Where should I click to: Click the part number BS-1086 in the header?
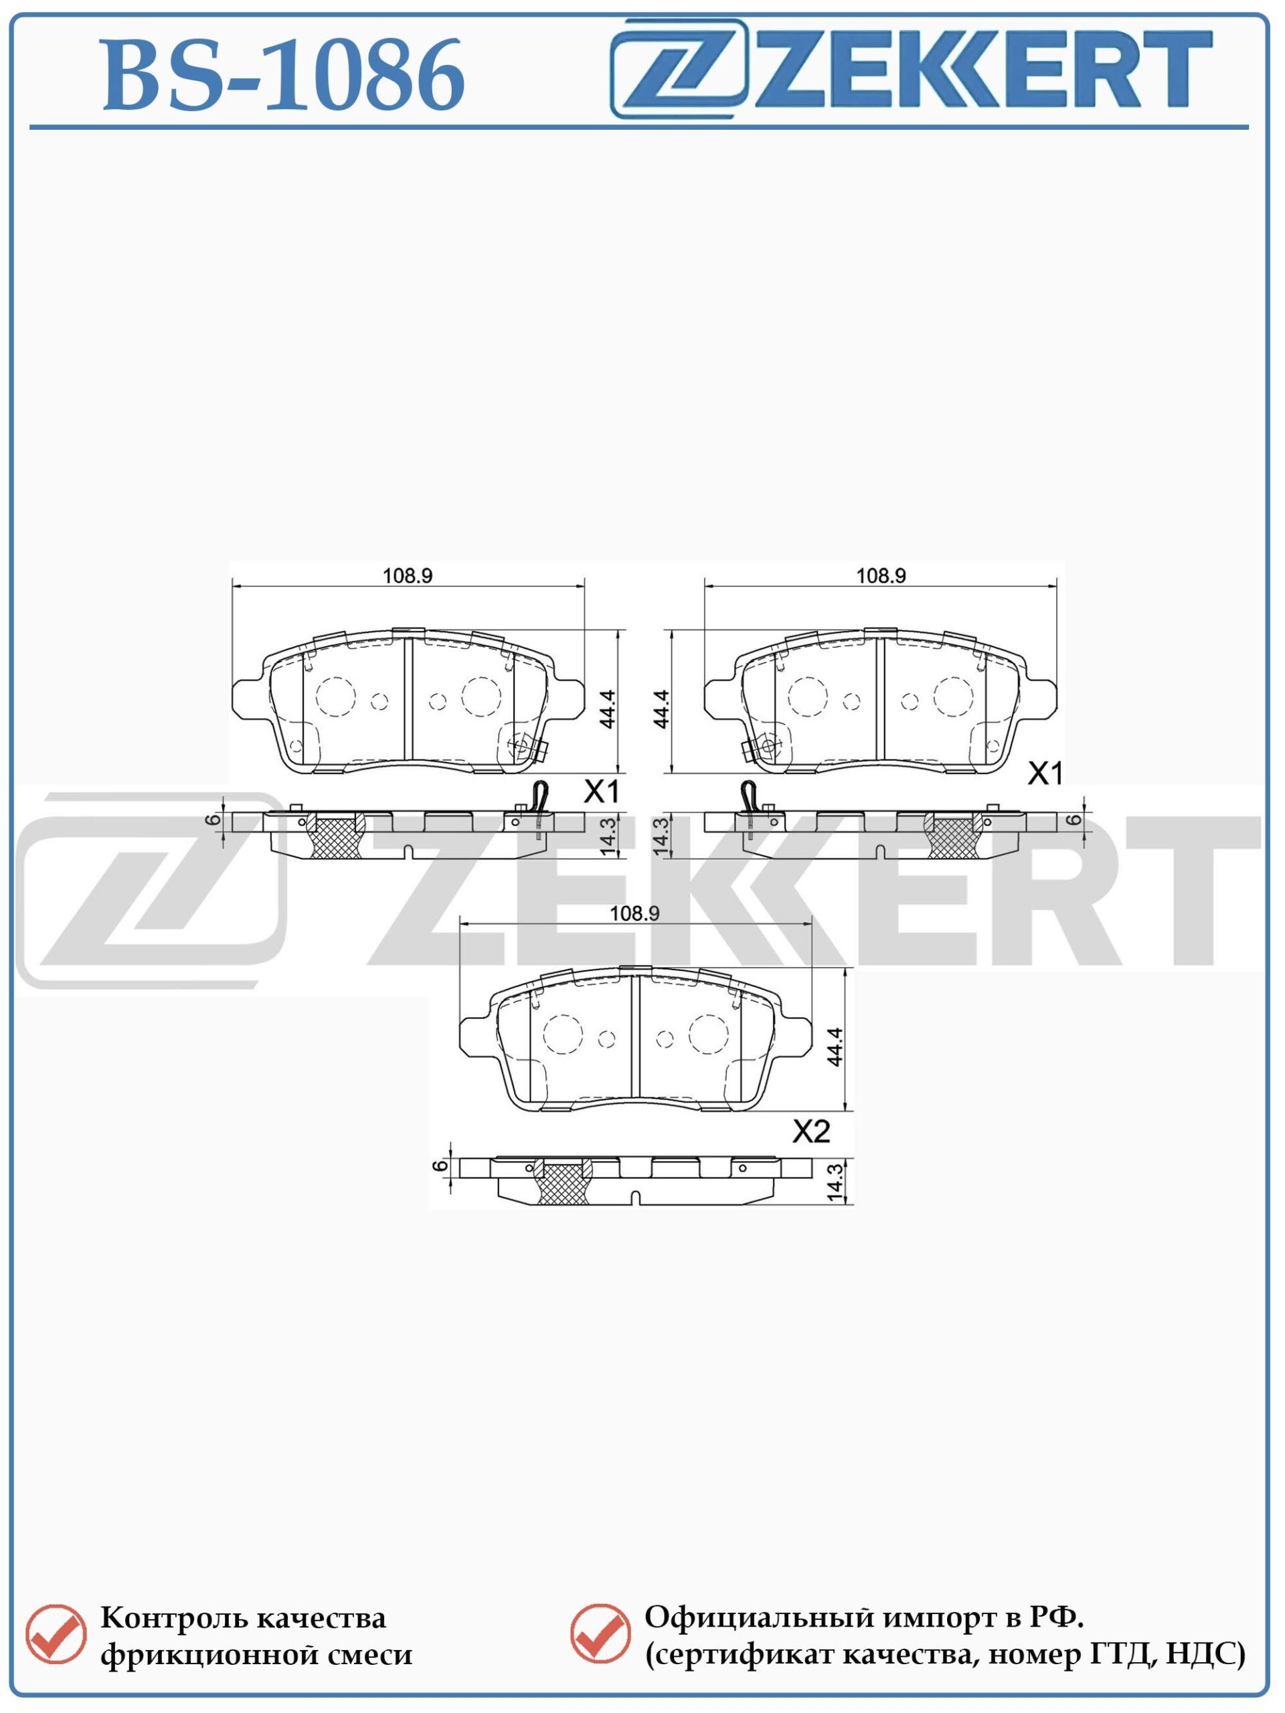pos(284,75)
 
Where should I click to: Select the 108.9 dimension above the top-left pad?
pos(407,575)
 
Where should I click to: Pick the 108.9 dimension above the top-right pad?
pos(881,575)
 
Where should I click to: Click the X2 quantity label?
pos(811,1132)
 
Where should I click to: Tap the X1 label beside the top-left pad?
pos(602,792)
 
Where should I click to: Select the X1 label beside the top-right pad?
pos(1045,774)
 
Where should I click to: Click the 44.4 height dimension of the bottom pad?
pos(834,1047)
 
